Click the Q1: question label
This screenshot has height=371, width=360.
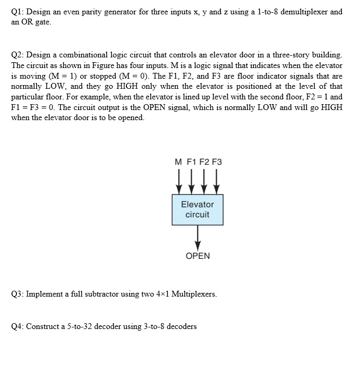[x=18, y=12]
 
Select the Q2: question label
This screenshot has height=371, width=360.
[x=18, y=55]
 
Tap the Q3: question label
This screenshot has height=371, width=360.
[x=18, y=293]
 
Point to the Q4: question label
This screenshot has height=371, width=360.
[x=18, y=326]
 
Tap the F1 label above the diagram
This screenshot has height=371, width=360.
[x=192, y=162]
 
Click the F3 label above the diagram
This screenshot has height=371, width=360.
[x=217, y=162]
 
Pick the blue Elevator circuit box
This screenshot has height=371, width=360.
[x=198, y=209]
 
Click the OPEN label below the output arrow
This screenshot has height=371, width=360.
[x=198, y=256]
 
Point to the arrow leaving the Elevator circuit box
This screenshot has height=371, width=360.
[x=198, y=236]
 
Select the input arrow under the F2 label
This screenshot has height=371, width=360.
[x=204, y=181]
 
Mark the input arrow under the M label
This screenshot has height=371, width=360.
[x=179, y=181]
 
